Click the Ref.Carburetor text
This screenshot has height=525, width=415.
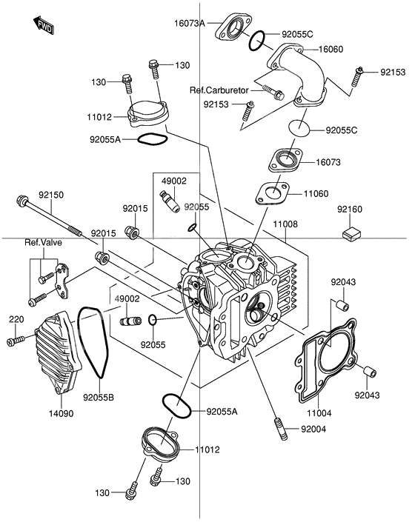[219, 90]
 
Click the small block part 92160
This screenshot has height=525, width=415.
[351, 235]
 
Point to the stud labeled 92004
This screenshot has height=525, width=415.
[281, 430]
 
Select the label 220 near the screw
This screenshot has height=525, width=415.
[16, 318]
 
